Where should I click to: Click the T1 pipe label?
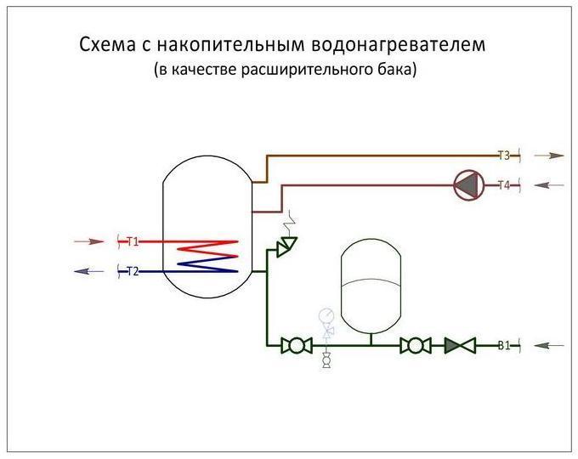click(133, 242)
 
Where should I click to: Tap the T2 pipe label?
click(133, 272)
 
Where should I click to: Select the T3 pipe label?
click(504, 156)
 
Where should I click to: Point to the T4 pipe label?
click(504, 185)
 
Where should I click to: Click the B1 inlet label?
click(504, 345)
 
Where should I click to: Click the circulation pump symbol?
click(469, 185)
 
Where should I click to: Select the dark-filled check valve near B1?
click(460, 345)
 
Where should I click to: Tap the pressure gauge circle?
click(326, 315)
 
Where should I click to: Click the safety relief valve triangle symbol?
click(286, 246)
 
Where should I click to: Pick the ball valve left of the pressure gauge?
click(297, 345)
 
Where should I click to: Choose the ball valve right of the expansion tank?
click(416, 345)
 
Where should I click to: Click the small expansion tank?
click(371, 286)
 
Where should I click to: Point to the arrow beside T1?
click(89, 242)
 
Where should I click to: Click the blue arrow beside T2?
click(89, 272)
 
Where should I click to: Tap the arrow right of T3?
click(549, 156)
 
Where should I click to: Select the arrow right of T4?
click(549, 185)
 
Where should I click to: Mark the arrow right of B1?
click(549, 345)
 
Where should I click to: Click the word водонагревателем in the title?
click(399, 45)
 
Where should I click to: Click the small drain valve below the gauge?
click(326, 360)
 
